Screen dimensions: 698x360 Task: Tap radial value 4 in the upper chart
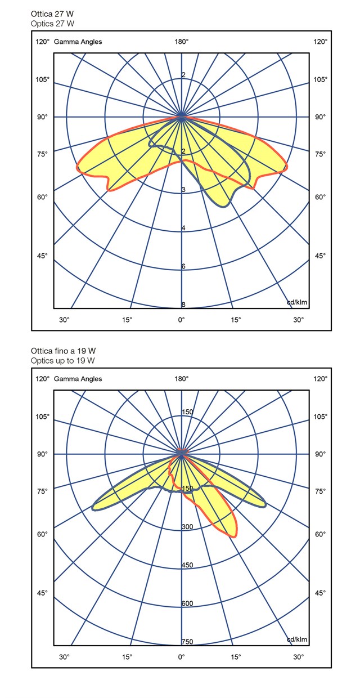[183, 228]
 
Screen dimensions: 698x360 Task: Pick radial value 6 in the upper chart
[183, 266]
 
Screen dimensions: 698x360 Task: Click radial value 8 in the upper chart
[183, 305]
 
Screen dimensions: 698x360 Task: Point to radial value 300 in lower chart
[187, 527]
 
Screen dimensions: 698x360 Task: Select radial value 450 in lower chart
[187, 565]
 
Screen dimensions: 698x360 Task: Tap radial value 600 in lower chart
[187, 603]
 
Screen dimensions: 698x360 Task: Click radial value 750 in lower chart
[187, 642]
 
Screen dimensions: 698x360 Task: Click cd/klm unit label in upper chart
[297, 302]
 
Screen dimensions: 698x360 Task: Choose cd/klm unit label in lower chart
[297, 639]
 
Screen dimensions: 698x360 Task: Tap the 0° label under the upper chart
[181, 320]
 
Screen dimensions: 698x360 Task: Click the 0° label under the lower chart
[181, 657]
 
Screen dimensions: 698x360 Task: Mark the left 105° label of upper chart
[43, 79]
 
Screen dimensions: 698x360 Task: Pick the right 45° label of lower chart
[320, 593]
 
